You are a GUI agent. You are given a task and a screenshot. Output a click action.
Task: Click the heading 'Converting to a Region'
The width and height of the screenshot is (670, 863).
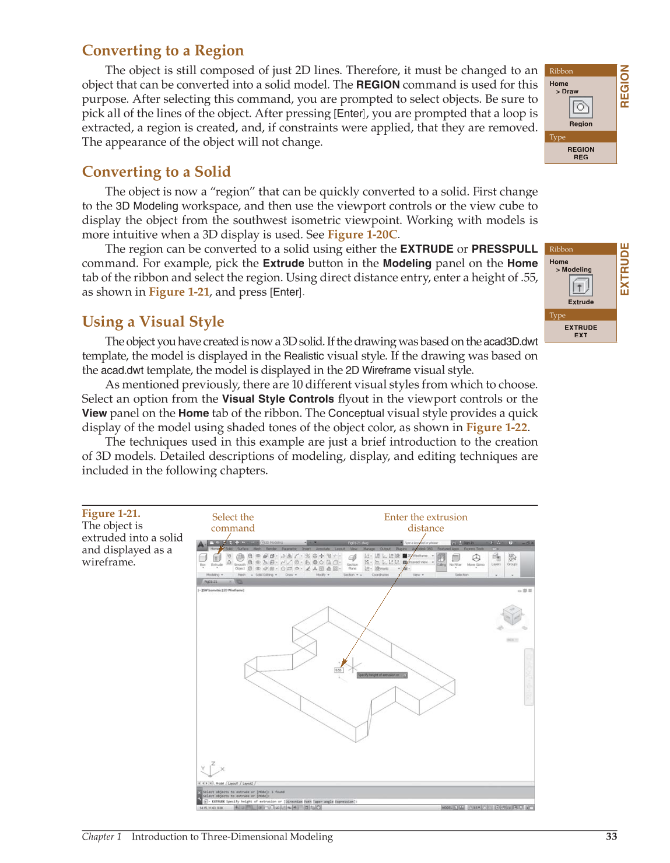click(163, 51)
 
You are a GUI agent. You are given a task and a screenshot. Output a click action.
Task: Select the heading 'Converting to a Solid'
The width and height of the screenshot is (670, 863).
click(156, 172)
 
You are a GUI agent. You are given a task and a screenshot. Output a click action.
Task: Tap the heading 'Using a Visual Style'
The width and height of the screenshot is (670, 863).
click(153, 322)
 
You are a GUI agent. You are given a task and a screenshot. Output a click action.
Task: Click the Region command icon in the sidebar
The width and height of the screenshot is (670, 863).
click(580, 107)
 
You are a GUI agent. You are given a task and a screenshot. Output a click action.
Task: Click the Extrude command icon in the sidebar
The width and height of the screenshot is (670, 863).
click(580, 285)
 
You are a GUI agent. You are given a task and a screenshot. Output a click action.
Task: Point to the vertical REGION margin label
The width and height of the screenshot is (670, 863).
click(625, 86)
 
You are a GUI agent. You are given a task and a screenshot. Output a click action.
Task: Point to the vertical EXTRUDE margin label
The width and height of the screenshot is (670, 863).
click(625, 269)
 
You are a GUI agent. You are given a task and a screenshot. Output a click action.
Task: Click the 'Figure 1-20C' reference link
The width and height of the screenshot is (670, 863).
click(362, 235)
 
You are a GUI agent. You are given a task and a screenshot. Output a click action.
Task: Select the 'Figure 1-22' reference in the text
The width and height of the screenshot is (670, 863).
click(496, 427)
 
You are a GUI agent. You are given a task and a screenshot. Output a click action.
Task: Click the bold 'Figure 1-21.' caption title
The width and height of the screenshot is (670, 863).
click(111, 513)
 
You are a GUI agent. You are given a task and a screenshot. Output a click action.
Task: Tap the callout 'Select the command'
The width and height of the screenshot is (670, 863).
click(233, 522)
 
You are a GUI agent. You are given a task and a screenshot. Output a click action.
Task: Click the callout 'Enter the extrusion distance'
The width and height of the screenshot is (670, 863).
click(426, 522)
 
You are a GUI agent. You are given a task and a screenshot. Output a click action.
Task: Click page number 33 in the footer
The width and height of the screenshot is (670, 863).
click(611, 836)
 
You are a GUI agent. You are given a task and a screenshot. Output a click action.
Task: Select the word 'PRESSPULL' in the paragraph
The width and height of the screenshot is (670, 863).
click(504, 249)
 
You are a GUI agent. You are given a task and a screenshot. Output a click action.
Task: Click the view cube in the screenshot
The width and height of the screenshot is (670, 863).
click(512, 616)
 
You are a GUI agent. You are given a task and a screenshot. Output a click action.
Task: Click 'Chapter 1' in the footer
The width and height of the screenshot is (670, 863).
click(101, 837)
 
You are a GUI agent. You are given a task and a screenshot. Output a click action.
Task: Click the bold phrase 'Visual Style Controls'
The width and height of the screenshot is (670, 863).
click(278, 399)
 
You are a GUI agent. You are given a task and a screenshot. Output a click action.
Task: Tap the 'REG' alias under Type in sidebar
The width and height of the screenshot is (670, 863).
click(580, 158)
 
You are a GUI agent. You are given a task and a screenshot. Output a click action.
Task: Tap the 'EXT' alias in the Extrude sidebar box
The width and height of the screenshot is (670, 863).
click(580, 336)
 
